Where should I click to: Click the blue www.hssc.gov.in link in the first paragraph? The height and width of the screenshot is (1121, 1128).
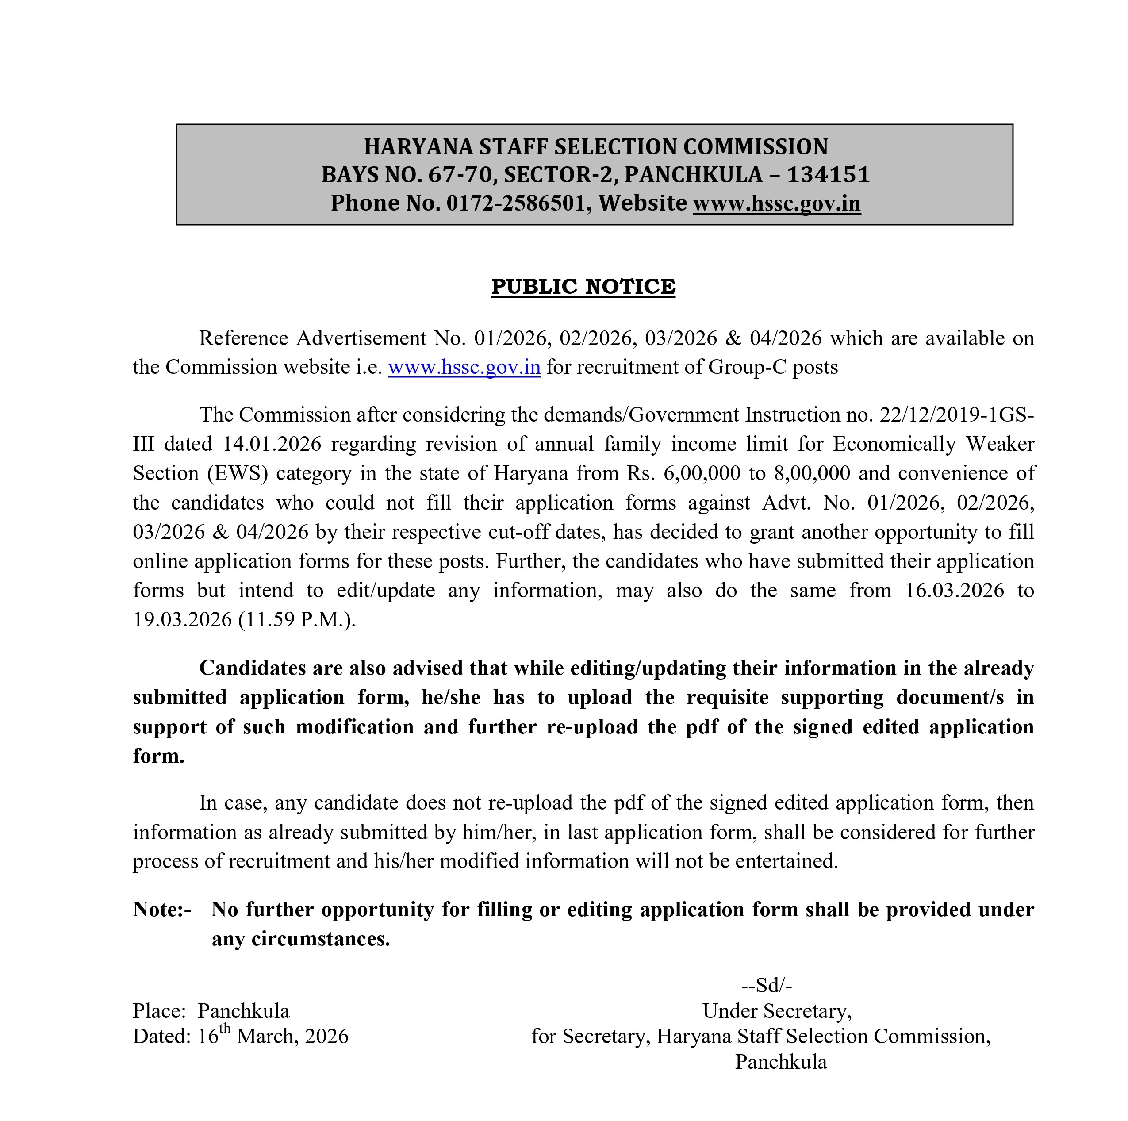tap(464, 367)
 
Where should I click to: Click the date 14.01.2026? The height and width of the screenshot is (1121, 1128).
tap(272, 444)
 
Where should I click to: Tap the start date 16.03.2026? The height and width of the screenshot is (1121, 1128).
tap(955, 590)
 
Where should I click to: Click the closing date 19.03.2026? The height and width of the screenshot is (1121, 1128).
tap(182, 619)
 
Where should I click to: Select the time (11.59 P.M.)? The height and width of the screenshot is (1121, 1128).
tap(296, 619)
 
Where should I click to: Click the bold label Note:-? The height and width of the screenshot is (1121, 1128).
tap(162, 910)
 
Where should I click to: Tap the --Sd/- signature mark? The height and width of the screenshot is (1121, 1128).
tap(766, 986)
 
